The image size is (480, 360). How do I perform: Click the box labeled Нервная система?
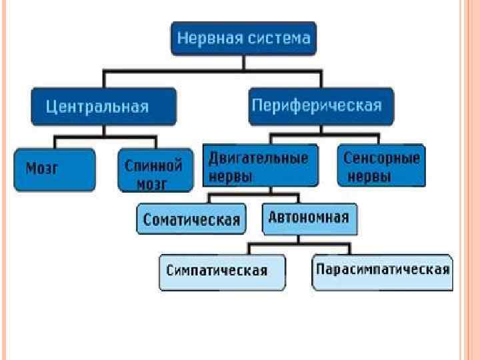(243, 38)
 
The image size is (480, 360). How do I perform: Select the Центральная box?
(103, 107)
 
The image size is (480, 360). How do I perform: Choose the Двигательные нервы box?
(259, 167)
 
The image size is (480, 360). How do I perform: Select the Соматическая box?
(191, 220)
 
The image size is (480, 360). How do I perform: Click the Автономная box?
(309, 219)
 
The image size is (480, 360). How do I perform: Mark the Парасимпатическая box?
(382, 270)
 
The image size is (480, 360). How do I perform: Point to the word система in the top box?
(280, 38)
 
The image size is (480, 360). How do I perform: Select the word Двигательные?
(259, 159)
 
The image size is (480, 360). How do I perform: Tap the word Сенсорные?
(382, 159)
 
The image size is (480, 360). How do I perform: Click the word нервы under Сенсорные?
(367, 177)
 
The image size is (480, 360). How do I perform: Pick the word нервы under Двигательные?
(231, 177)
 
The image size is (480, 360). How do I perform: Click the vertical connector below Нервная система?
(243, 62)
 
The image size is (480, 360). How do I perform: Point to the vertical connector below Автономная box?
(309, 239)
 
